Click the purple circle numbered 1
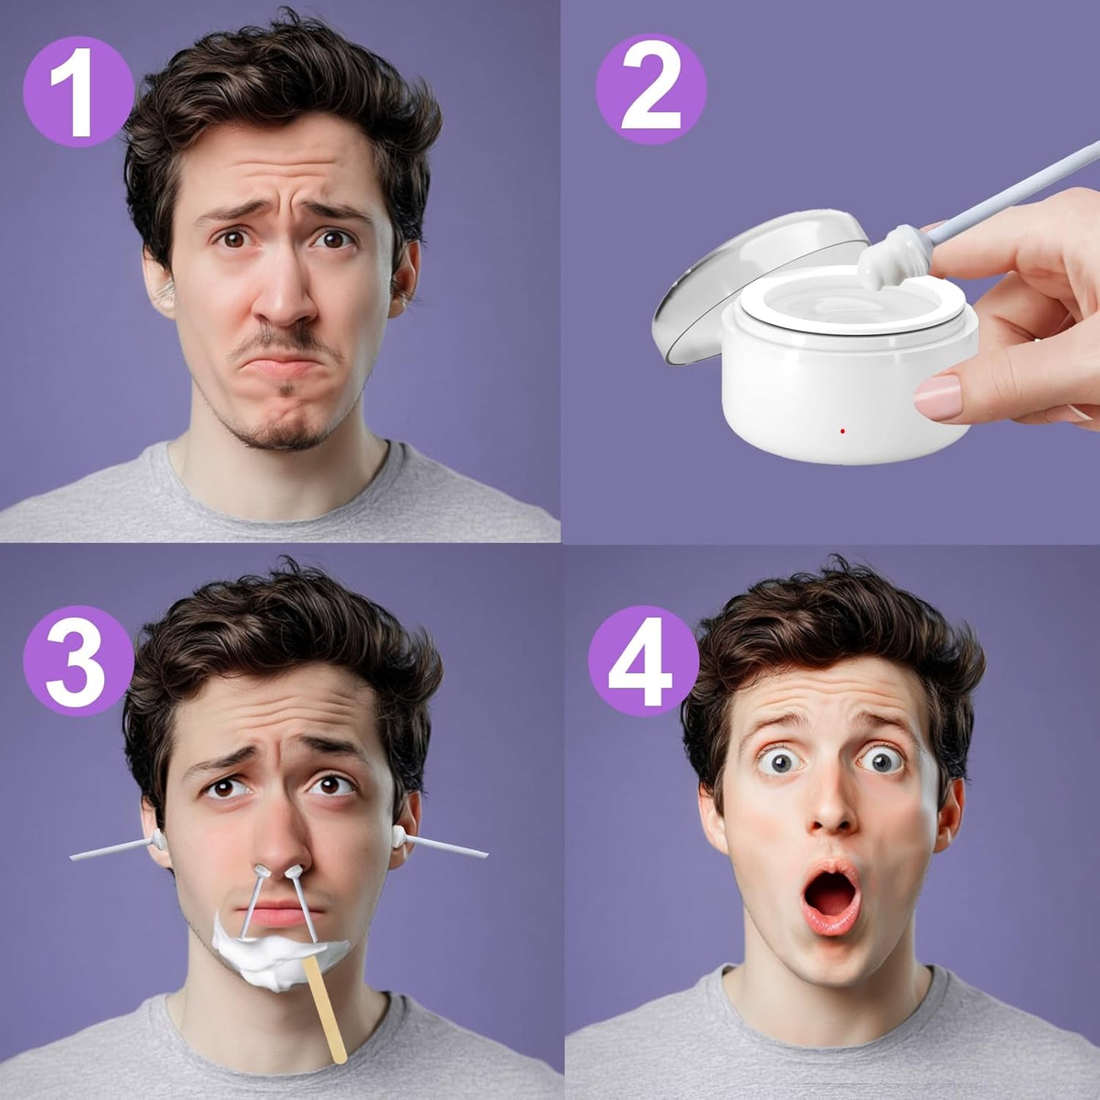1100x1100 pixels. (78, 91)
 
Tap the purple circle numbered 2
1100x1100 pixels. (652, 90)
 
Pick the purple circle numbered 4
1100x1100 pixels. (643, 662)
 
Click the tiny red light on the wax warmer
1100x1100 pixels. (842, 431)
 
